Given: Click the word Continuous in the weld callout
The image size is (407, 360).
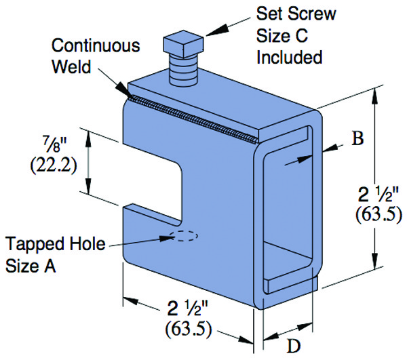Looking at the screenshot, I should (x=96, y=47).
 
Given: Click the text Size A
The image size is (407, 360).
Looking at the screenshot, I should (x=31, y=265).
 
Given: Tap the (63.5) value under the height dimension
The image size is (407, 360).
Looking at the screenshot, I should (x=378, y=216).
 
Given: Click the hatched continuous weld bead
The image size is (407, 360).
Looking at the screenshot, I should (x=190, y=116).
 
